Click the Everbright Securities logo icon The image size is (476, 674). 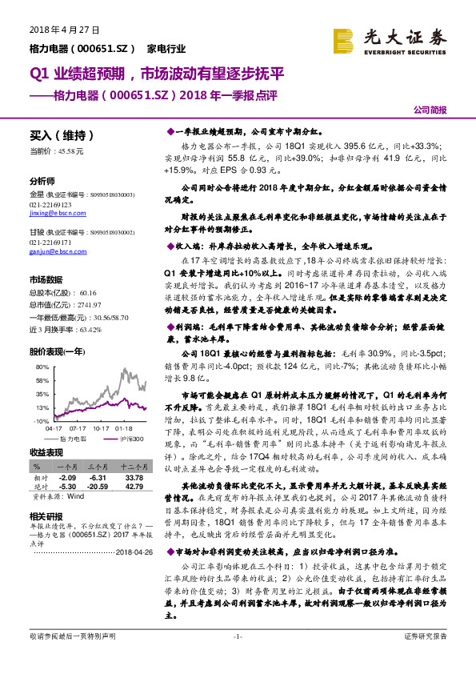point(343,41)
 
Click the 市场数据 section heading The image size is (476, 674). point(46,280)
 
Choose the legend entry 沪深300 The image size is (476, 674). point(131,439)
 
